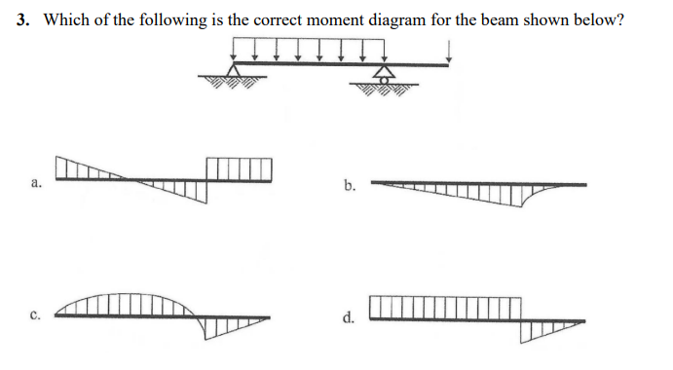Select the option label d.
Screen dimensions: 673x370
pos(349,316)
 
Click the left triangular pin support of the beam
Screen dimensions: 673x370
pos(233,72)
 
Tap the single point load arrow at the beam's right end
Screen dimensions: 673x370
pos(448,52)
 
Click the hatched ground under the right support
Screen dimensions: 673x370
pos(386,90)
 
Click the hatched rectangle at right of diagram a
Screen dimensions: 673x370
pos(239,167)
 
